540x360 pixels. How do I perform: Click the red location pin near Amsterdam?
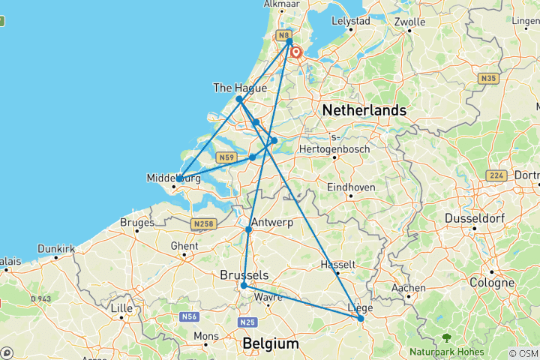(297, 52)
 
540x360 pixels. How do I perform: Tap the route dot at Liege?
(361, 319)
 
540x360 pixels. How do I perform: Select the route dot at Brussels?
(244, 286)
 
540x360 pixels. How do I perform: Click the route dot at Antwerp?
(248, 229)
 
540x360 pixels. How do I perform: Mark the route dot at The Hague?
(239, 99)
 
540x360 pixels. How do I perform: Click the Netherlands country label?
(364, 110)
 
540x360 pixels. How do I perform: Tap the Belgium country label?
(270, 343)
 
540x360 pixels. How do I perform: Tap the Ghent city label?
(184, 246)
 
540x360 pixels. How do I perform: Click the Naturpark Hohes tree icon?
(446, 338)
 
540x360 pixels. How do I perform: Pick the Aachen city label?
(409, 287)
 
